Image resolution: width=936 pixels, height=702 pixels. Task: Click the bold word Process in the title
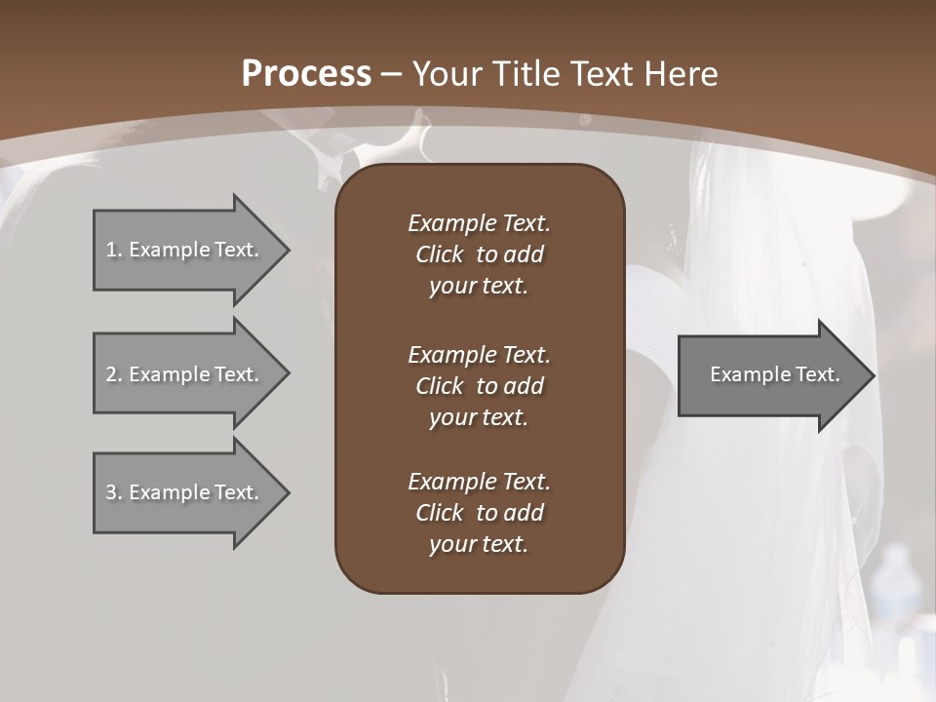click(x=306, y=74)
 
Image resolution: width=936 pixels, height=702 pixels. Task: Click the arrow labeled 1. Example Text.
click(x=185, y=250)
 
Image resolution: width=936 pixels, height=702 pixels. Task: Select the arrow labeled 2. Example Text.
click(x=185, y=374)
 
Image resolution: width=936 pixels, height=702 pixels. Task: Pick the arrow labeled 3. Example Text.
click(x=185, y=492)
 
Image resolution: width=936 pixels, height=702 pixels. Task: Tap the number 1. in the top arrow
click(x=114, y=250)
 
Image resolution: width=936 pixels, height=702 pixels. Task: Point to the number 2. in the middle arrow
click(x=114, y=374)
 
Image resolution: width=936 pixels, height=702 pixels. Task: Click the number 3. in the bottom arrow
click(x=114, y=492)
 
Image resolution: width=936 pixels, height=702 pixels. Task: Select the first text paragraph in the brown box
click(x=479, y=254)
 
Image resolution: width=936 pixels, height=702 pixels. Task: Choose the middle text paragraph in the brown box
click(x=479, y=386)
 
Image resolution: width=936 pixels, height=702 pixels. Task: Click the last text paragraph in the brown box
click(x=479, y=513)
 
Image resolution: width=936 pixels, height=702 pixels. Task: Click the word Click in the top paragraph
click(x=439, y=254)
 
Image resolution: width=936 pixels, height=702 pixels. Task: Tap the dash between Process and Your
click(x=392, y=74)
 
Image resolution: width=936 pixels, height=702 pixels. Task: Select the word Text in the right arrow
click(x=817, y=374)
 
